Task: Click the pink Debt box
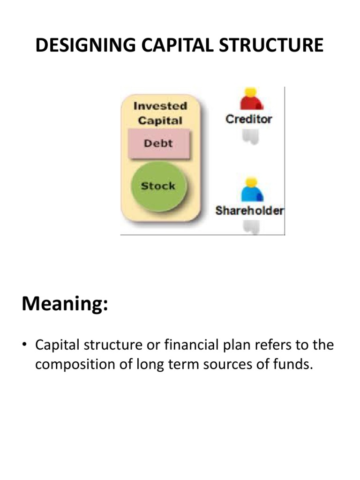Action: (x=158, y=143)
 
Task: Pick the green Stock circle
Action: (x=158, y=186)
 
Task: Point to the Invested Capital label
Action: (x=160, y=113)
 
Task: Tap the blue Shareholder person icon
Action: (x=252, y=191)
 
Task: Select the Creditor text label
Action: (x=248, y=119)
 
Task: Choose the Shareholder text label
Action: (x=249, y=210)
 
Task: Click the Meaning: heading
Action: (x=65, y=305)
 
